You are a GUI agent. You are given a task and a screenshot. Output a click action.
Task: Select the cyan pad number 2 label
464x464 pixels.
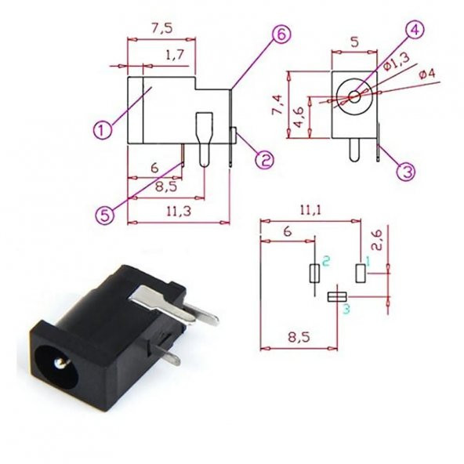tap(325, 259)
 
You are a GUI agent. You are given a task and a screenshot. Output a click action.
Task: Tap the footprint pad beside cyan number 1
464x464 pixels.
tap(361, 273)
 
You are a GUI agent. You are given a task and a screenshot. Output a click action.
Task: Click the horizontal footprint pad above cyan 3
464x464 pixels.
tap(337, 295)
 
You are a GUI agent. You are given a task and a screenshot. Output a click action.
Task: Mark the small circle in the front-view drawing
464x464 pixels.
tap(355, 97)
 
